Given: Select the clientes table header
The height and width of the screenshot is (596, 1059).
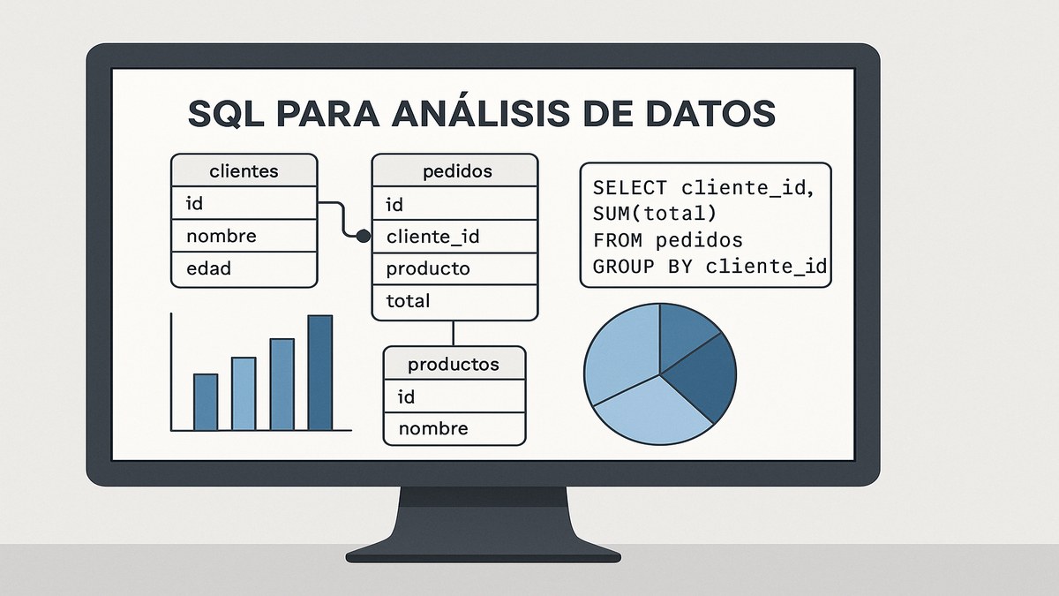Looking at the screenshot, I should (244, 171).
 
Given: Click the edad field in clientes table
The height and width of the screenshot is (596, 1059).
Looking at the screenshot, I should (208, 268).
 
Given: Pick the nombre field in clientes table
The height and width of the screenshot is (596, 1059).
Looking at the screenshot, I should (221, 236).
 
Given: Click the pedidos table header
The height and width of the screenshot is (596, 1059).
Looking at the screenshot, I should (454, 170).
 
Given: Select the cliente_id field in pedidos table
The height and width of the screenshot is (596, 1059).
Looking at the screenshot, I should (432, 237).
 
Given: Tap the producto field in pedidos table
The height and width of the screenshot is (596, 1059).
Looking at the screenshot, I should (428, 268).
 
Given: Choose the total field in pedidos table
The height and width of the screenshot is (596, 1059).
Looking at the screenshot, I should (408, 301).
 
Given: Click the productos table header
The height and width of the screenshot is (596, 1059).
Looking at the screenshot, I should (454, 364).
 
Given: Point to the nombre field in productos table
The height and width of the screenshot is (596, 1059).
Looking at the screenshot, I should (433, 429).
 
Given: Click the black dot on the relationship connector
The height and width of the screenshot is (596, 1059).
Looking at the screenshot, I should (362, 236).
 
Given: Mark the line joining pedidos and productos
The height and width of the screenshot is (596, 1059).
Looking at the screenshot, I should (453, 333).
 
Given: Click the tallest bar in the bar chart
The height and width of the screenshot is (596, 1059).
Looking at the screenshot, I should (320, 373).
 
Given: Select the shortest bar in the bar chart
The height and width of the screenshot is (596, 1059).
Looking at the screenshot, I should (206, 402).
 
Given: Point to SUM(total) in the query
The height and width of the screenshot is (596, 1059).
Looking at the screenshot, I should (655, 214).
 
